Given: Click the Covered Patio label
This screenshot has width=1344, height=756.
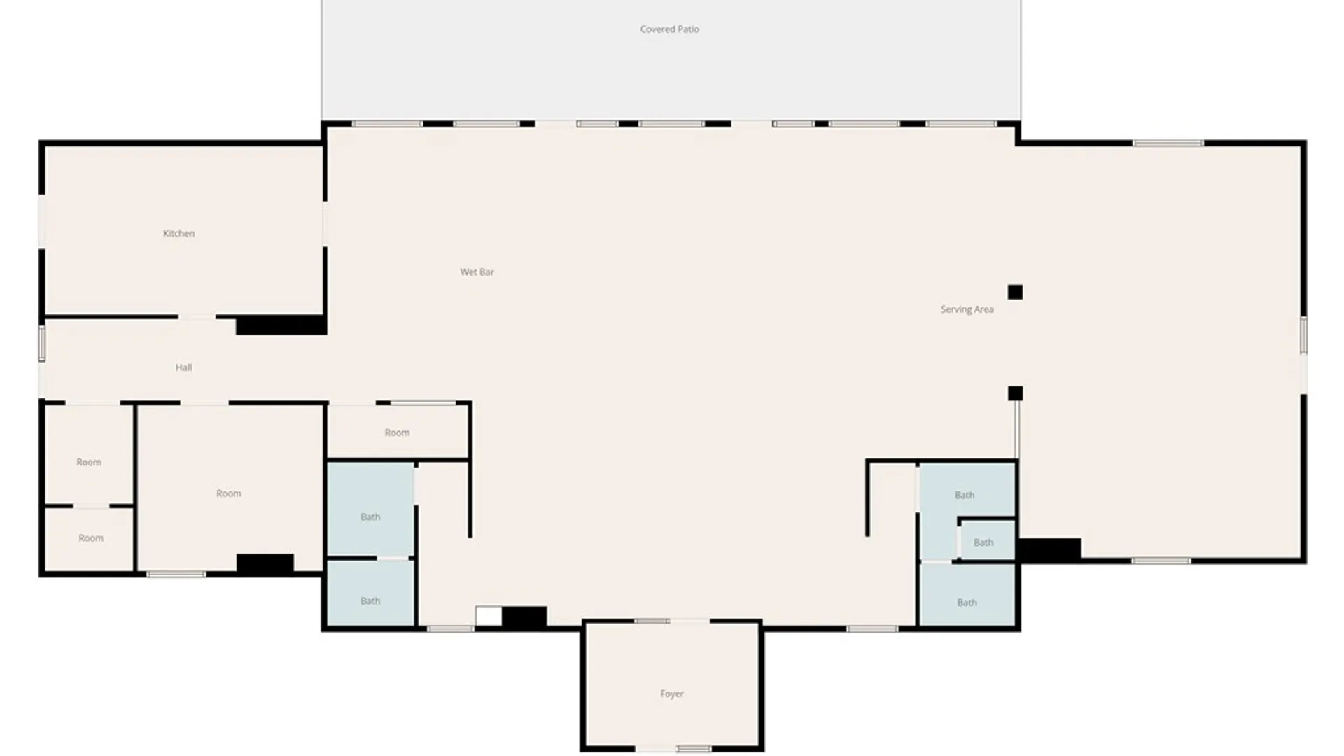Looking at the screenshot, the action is (669, 29).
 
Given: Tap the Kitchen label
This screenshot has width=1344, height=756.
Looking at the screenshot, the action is (178, 234).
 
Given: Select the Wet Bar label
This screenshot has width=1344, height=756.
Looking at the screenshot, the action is (477, 272).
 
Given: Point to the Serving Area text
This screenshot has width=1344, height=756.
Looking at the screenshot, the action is (967, 309).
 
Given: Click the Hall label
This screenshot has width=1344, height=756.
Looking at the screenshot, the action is (183, 367).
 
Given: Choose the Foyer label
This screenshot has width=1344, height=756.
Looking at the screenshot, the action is (671, 694).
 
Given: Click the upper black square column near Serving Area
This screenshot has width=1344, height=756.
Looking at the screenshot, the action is (1015, 292).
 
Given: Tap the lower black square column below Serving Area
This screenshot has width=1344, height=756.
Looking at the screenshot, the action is (1015, 393).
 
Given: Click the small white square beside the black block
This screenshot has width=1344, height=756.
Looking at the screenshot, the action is (489, 616).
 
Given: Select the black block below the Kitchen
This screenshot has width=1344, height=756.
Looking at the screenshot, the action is (281, 325).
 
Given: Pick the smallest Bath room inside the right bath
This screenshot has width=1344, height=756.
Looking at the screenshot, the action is (986, 540).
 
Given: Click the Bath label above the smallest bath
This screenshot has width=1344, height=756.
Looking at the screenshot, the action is (965, 496).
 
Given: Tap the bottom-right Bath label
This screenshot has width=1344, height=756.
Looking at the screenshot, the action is (967, 603).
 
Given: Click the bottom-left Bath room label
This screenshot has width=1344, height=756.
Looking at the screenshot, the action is (370, 601).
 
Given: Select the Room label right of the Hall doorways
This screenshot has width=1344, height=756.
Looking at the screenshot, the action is (397, 433).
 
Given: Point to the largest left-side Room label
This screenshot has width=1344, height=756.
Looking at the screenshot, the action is (228, 493).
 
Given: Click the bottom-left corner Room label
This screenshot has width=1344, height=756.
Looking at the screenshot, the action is (91, 538).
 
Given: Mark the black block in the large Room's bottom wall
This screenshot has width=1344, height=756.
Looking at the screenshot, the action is (265, 563).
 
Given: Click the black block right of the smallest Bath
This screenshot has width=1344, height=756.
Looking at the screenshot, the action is (1049, 549).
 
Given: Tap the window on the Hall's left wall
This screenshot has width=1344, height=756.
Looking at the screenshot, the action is (42, 344).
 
